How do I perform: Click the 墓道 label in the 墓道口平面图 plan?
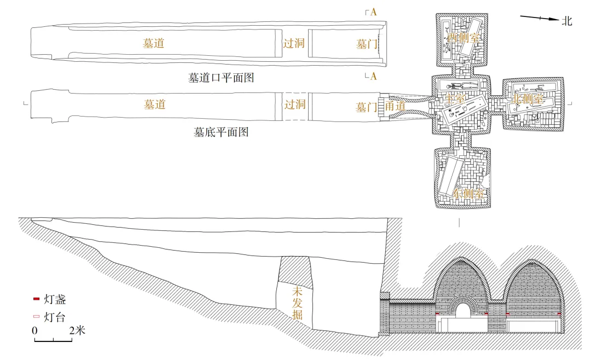click(154, 43)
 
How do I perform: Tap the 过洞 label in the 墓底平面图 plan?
click(294, 104)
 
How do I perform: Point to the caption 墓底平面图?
click(221, 132)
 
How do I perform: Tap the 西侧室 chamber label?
click(463, 38)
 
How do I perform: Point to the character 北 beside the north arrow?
click(566, 21)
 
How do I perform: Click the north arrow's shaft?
click(539, 18)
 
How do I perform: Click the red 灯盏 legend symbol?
click(37, 299)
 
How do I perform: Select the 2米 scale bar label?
click(77, 330)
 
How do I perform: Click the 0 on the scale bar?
click(34, 330)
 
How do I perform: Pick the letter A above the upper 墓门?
click(373, 12)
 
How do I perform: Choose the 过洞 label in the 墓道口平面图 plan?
click(294, 43)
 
